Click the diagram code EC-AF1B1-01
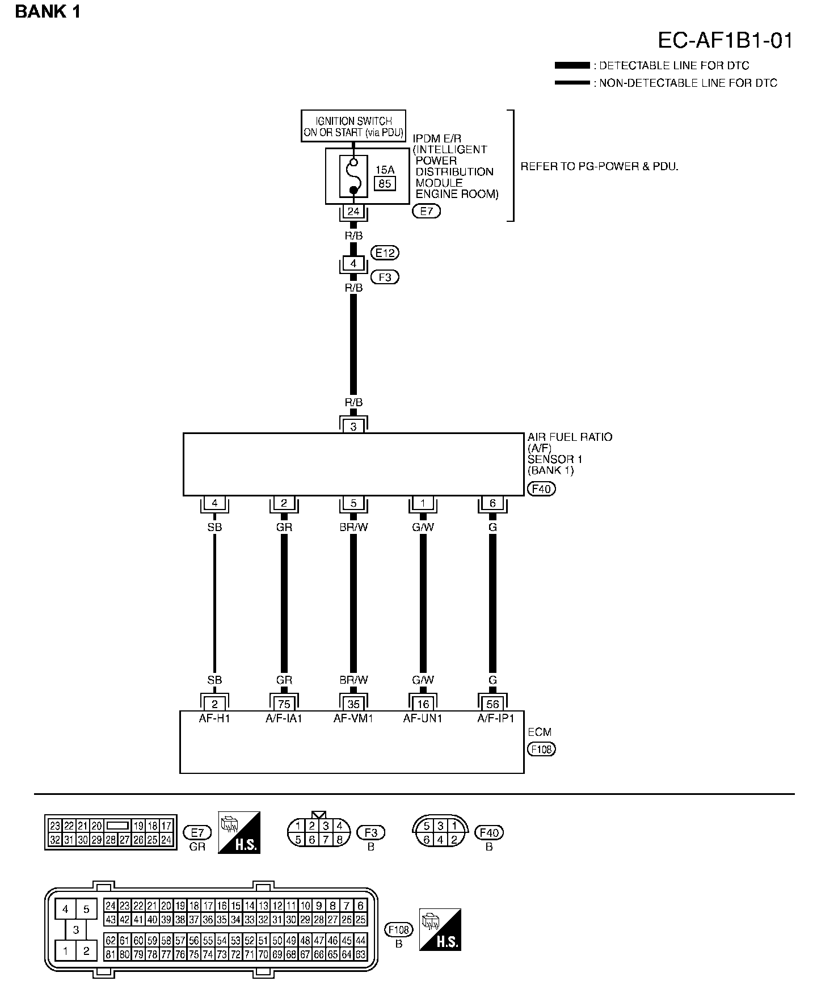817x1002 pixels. [x=725, y=41]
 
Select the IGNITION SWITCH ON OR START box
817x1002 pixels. [x=353, y=126]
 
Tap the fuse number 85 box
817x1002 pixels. [x=385, y=183]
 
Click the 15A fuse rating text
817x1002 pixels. [x=385, y=170]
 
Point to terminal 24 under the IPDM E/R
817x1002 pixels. [x=353, y=212]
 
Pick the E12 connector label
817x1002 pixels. [x=385, y=252]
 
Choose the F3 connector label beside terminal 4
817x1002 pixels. [x=385, y=277]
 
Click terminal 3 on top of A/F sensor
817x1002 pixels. [x=353, y=427]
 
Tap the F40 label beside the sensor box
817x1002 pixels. [x=541, y=489]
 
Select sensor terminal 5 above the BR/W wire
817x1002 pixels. [x=353, y=503]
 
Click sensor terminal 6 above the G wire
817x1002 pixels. [x=492, y=503]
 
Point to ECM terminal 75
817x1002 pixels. [x=284, y=704]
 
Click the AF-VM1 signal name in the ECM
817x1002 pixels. [x=353, y=718]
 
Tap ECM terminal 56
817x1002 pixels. [x=492, y=704]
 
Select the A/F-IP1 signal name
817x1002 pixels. [x=495, y=718]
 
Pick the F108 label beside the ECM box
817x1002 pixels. [x=541, y=749]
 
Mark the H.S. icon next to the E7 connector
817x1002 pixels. [x=239, y=832]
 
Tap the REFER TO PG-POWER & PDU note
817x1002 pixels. [x=599, y=167]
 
